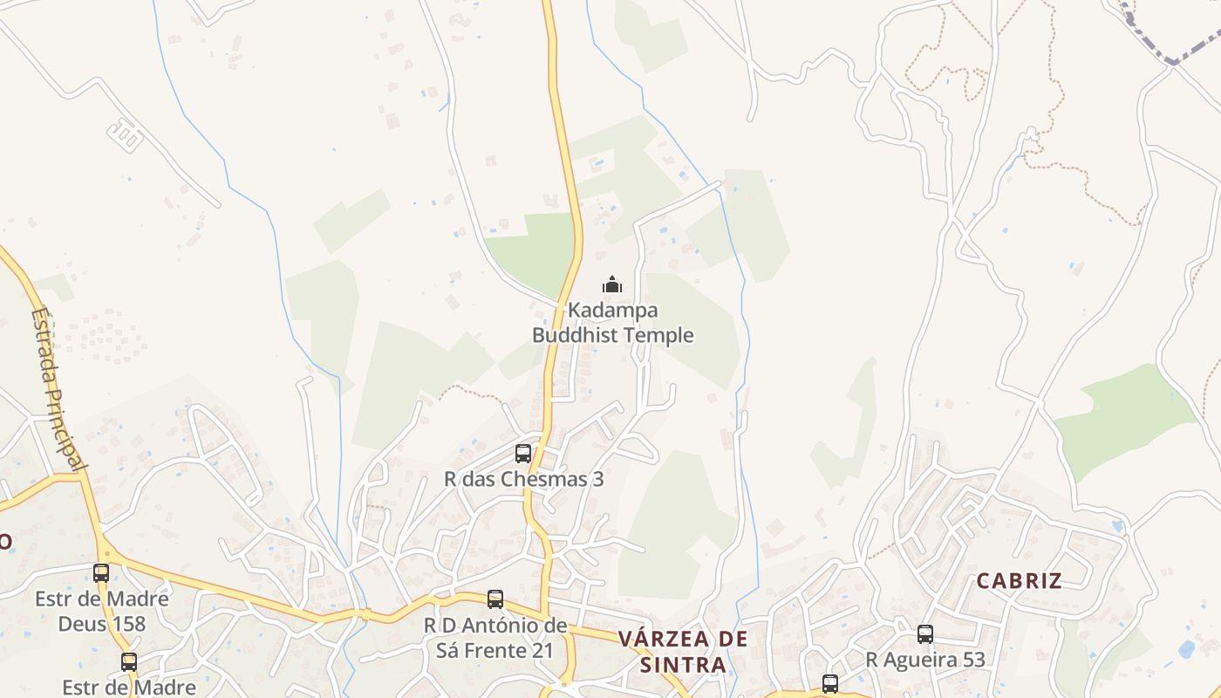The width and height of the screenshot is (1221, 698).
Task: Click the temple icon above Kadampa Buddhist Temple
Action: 612,284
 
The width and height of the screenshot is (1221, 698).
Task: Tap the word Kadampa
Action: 612,310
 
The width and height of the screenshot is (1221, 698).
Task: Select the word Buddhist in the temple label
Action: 576,335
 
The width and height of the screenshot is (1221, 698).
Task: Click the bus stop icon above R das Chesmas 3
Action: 523,454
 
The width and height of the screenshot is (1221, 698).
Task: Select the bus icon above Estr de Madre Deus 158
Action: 101,573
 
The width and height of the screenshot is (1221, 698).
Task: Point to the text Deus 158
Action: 103,625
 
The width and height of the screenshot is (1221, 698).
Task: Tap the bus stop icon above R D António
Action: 495,599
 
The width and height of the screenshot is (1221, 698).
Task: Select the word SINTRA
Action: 683,665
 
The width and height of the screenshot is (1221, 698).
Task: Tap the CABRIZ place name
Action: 1019,581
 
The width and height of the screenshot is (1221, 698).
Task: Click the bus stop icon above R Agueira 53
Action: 925,634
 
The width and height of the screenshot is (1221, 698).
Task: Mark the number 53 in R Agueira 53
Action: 972,660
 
